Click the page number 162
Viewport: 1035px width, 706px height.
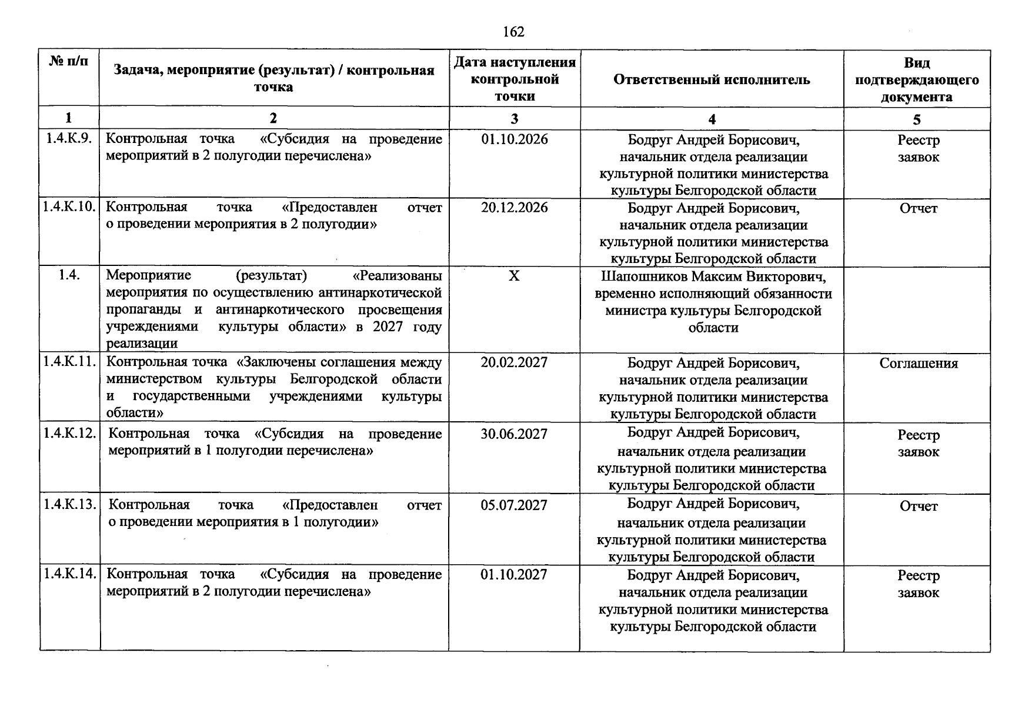[x=513, y=32]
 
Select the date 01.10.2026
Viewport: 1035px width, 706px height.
[x=514, y=139]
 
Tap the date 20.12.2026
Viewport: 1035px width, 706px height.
[x=514, y=208]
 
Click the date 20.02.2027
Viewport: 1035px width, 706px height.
[x=514, y=362]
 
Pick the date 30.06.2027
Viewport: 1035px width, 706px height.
[x=514, y=434]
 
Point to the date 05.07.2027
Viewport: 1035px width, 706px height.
[x=514, y=505]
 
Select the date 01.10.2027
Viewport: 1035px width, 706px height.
[x=514, y=575]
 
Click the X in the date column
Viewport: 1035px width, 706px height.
[x=514, y=276]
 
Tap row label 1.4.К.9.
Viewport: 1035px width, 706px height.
[x=69, y=139]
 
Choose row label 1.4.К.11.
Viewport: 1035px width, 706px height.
[x=69, y=362]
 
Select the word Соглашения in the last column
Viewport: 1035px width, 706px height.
[x=918, y=364]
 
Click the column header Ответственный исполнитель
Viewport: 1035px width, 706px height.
[x=712, y=79]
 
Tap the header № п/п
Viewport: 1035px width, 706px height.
[x=69, y=61]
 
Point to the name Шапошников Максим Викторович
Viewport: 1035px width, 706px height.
[x=713, y=277]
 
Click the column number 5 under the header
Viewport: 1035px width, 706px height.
[x=917, y=119]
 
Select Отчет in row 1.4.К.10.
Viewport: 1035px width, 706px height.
[x=918, y=209]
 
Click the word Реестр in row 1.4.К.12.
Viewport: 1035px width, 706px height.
[x=918, y=435]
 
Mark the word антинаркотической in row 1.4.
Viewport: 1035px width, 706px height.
[x=380, y=293]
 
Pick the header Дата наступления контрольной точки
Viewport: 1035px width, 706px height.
[x=515, y=79]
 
